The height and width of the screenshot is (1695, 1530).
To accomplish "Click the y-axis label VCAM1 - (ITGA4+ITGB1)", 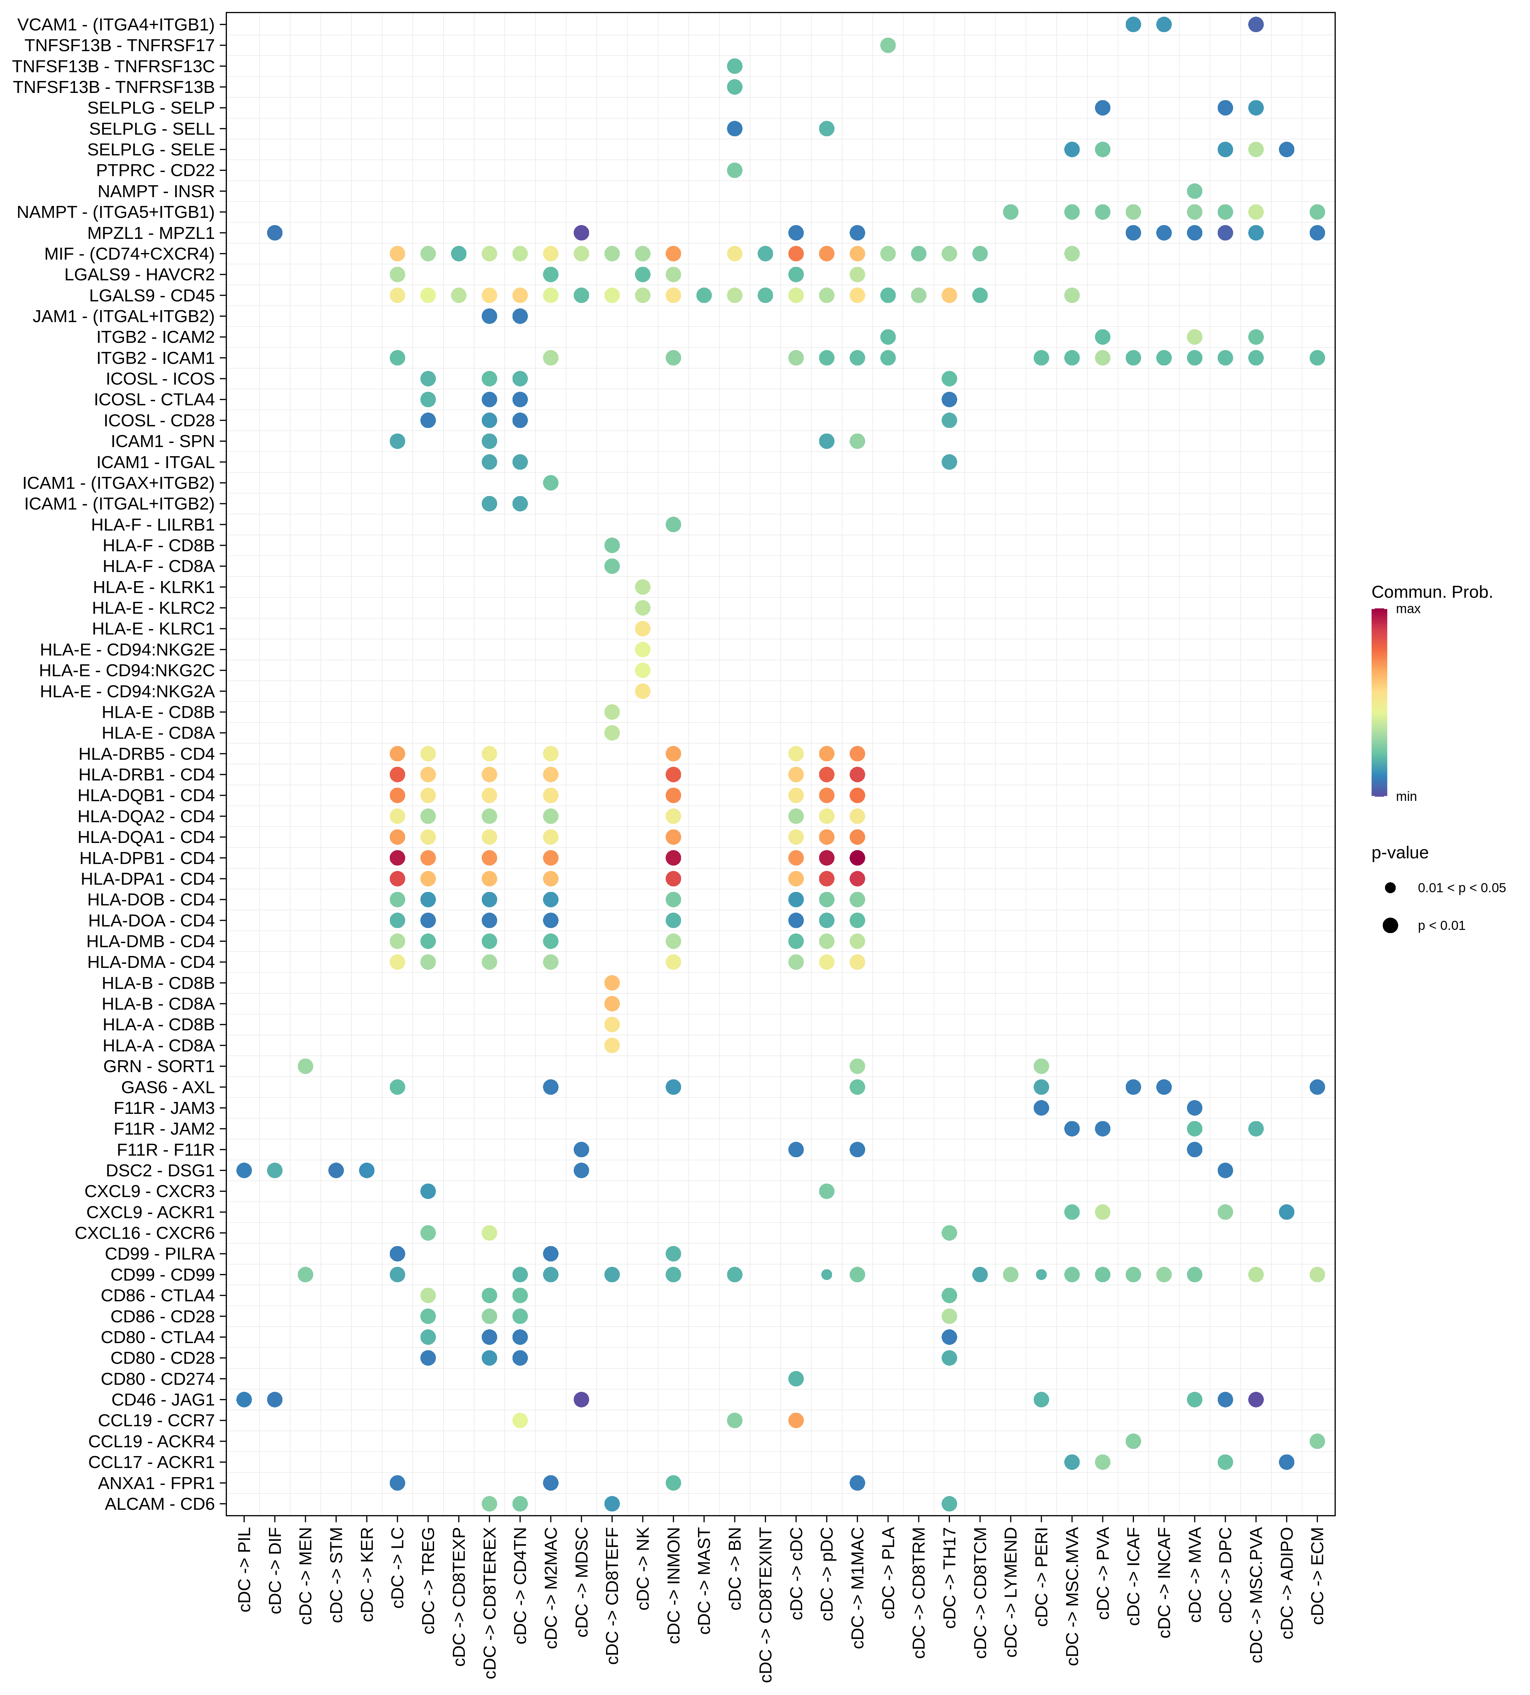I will coord(115,24).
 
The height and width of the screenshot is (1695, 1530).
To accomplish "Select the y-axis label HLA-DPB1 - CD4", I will coord(147,858).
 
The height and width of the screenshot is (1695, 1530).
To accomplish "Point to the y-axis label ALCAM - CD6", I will coord(160,1503).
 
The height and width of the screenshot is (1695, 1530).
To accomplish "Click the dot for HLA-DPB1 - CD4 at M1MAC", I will coord(857,858).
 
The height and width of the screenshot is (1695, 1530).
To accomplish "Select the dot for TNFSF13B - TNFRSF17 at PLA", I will coord(888,46).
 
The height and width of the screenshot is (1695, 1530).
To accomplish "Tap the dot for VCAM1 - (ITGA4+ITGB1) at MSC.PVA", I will coord(1256,24).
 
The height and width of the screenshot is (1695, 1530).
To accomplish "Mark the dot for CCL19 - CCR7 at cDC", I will coord(796,1420).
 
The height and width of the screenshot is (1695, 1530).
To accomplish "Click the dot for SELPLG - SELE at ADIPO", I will coord(1286,150).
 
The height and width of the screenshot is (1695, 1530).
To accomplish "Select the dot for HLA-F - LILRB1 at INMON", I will coord(674,525).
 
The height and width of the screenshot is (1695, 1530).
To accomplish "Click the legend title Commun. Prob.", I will coord(1432,592).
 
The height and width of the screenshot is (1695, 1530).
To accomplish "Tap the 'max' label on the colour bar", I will coord(1408,609).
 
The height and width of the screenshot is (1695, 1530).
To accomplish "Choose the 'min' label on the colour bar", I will coord(1406,796).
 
